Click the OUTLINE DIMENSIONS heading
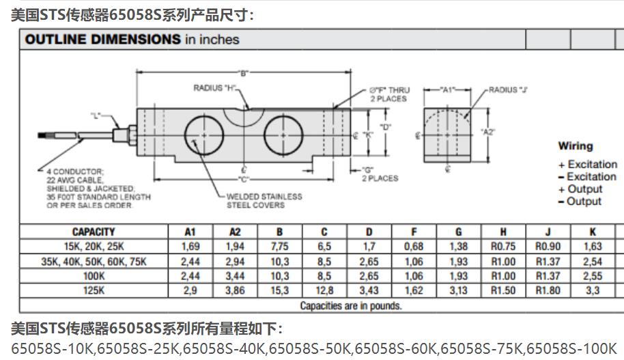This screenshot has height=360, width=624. point(103,39)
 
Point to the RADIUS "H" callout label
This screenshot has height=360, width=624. point(214,88)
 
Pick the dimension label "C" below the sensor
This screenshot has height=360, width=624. point(243,179)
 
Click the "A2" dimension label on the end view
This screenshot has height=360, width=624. point(487,132)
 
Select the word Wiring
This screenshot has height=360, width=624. point(576,146)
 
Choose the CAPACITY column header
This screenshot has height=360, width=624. point(94,232)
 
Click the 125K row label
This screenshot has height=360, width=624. point(94,290)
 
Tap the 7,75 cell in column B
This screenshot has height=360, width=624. point(279,247)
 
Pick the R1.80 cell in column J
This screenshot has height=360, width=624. point(548,290)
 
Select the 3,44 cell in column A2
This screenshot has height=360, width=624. point(235,276)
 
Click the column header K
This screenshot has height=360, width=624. point(593,232)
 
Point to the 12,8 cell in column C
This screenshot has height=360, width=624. point(324,290)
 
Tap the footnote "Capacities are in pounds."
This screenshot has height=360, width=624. point(351,305)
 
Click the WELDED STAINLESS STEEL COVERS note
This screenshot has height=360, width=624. point(264,201)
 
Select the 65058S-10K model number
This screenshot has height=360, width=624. point(52,348)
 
